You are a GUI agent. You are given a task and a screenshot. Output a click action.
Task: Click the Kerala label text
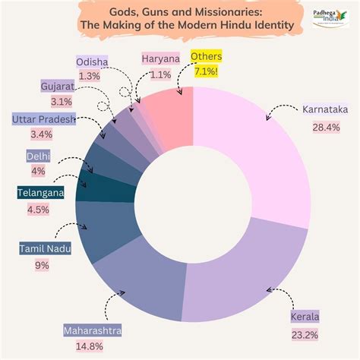pyautogui.click(x=305, y=316)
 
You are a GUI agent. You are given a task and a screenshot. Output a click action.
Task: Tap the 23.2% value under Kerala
pyautogui.click(x=305, y=334)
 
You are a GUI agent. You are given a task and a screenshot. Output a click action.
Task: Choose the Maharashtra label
pyautogui.click(x=93, y=331)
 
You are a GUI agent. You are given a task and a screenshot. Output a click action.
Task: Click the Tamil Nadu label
pyautogui.click(x=45, y=248)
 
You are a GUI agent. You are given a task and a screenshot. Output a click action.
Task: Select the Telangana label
pyautogui.click(x=41, y=193)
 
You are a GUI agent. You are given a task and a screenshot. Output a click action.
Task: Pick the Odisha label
pyautogui.click(x=92, y=62)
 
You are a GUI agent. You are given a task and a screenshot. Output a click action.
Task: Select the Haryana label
pyautogui.click(x=161, y=58)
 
